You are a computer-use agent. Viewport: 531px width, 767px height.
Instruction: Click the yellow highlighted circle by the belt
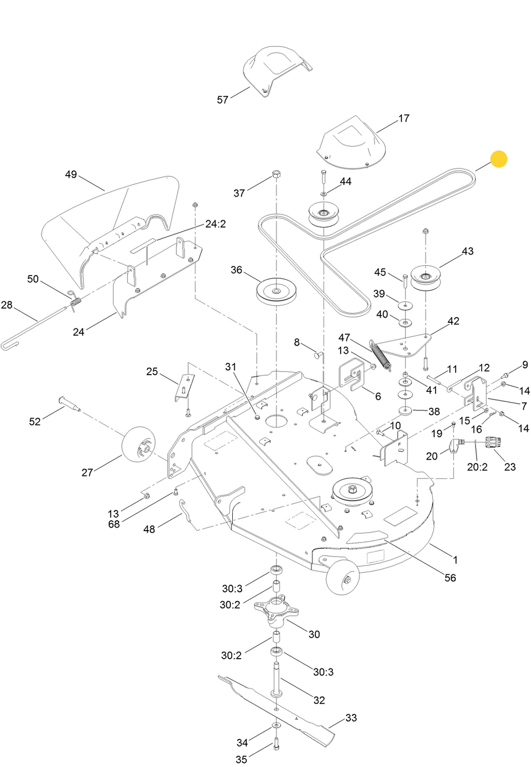(x=498, y=159)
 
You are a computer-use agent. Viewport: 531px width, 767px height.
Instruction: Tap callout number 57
(x=222, y=100)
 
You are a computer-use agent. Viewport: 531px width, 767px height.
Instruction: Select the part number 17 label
(x=404, y=118)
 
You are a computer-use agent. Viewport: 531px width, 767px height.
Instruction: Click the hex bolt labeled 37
(x=276, y=175)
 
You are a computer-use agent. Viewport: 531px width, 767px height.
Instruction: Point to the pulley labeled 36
(x=275, y=292)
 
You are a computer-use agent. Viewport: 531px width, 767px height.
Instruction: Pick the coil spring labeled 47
(x=380, y=355)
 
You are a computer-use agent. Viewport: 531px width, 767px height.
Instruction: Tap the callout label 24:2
(x=215, y=224)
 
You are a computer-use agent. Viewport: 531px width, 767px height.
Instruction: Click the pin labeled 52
(x=69, y=403)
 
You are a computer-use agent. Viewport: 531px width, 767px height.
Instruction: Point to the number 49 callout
(x=71, y=175)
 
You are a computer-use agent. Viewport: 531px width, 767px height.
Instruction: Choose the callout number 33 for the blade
(x=351, y=718)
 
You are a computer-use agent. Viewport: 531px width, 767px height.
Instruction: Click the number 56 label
(x=450, y=578)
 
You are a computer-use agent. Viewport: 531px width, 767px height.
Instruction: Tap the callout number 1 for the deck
(x=455, y=560)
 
